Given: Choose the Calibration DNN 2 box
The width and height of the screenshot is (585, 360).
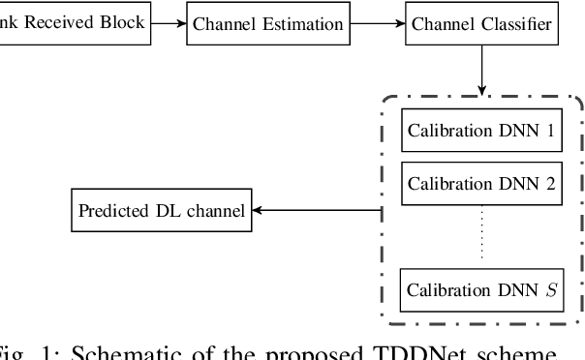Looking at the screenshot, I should pos(480,182).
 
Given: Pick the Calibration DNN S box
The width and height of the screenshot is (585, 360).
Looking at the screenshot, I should pos(480,289).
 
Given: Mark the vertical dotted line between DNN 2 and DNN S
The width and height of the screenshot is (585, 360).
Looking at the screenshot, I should pos(480,235).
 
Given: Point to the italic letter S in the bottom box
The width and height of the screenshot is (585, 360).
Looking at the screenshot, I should pos(552,289).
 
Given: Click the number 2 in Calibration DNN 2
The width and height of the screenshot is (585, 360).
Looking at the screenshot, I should pos(549,182).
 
